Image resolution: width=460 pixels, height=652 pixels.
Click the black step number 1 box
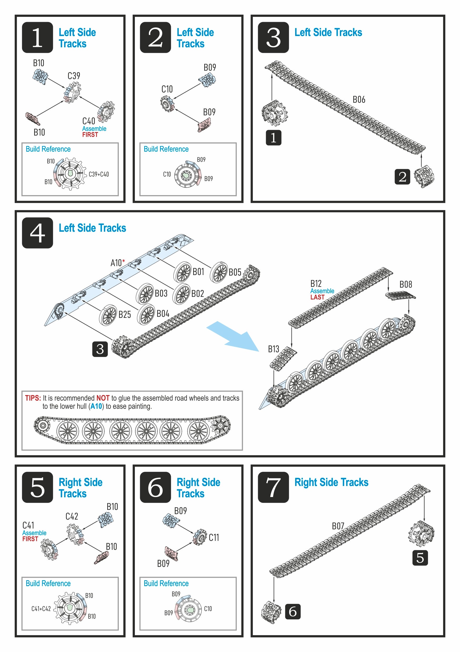click(37, 38)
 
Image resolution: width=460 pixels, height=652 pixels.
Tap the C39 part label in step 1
click(74, 76)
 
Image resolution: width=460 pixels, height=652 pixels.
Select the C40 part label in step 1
click(89, 121)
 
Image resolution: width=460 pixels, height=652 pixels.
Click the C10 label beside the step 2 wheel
click(167, 89)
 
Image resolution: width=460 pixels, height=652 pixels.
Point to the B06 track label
click(359, 100)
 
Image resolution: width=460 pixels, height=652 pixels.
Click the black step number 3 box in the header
click(273, 38)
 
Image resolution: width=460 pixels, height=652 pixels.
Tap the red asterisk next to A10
click(124, 261)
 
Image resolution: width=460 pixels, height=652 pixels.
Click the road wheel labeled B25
click(108, 315)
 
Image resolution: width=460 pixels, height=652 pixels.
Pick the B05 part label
click(235, 272)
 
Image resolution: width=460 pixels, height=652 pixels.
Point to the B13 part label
click(274, 349)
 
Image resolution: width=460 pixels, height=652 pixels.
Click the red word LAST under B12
click(317, 297)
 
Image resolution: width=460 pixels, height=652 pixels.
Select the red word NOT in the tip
click(103, 398)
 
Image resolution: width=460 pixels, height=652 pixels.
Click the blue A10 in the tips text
click(96, 406)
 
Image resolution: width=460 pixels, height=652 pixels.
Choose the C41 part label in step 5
click(28, 525)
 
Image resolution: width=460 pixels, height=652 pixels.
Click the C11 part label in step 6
click(214, 537)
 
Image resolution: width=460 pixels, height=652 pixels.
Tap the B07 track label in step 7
click(338, 526)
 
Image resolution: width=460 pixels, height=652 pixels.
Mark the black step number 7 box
click(273, 487)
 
